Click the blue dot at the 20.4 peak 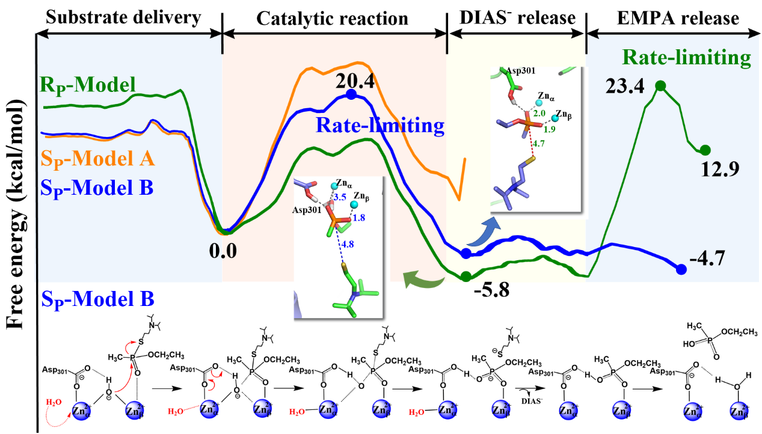tap(351, 95)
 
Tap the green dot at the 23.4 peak tap(660, 86)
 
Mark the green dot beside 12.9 tap(705, 150)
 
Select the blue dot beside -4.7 tap(681, 270)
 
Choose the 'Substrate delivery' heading tap(123, 18)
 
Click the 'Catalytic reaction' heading tap(332, 19)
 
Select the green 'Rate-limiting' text tap(686, 58)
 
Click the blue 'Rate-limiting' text tap(380, 126)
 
